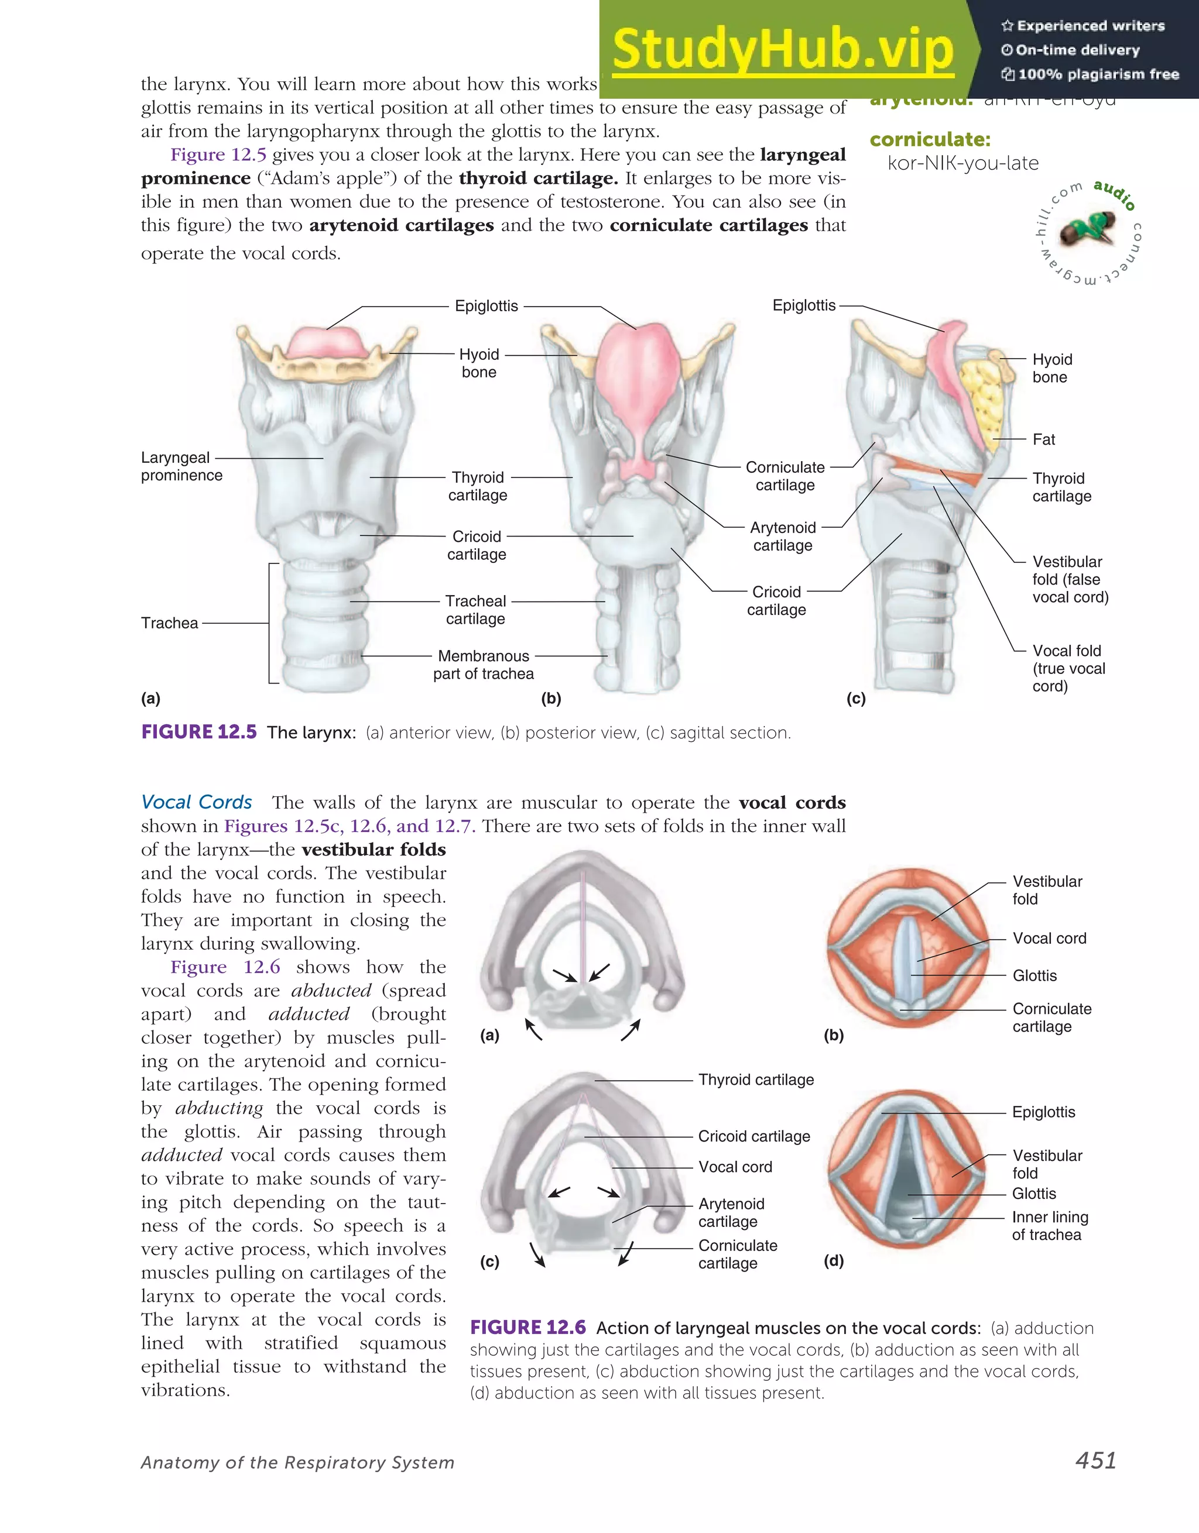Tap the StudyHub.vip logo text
tap(783, 49)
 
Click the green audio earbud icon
tap(1087, 229)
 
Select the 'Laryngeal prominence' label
tap(181, 466)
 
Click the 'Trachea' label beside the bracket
tap(169, 623)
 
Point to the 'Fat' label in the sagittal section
tap(1044, 439)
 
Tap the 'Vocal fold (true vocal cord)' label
tap(1068, 668)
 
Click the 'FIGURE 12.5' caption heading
tap(199, 732)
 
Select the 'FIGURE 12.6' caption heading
tap(527, 1328)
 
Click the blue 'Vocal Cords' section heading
tap(197, 802)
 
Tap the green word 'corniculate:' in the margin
tap(930, 140)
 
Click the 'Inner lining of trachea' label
tap(1049, 1226)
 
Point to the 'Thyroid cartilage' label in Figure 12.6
tap(756, 1080)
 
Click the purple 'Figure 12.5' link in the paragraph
tap(218, 154)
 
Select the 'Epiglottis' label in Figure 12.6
tap(1043, 1112)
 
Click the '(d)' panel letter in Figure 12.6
tap(833, 1261)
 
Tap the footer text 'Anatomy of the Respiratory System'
tap(298, 1462)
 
